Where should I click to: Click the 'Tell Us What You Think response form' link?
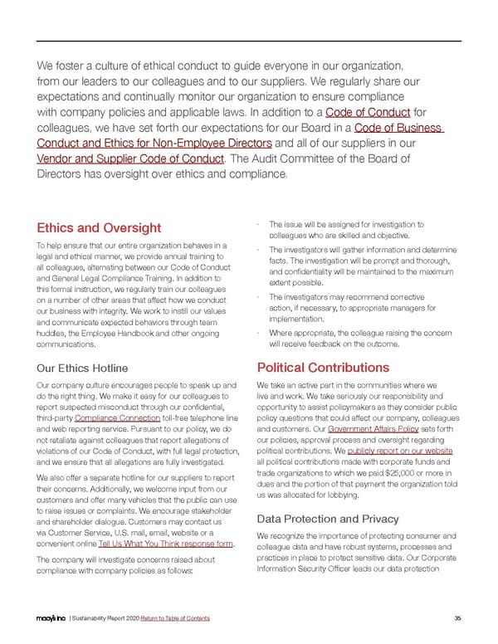tap(166, 544)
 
